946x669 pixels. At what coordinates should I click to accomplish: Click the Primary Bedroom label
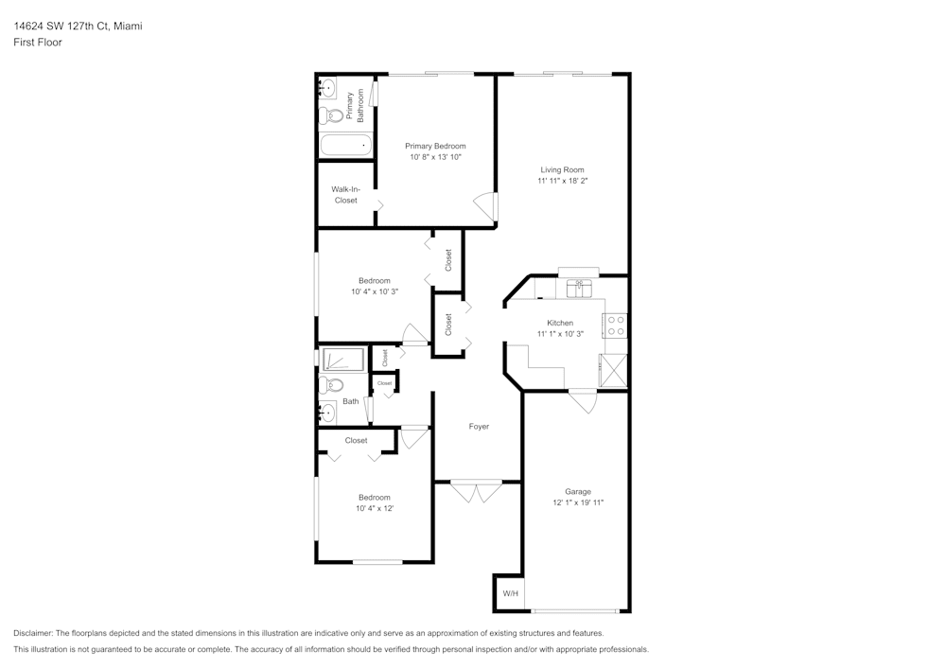tap(435, 146)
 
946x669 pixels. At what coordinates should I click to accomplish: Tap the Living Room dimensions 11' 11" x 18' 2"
tap(562, 181)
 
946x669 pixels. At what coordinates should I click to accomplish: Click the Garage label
tap(578, 491)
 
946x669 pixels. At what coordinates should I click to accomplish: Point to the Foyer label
tap(479, 427)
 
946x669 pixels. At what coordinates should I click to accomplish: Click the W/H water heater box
tap(509, 593)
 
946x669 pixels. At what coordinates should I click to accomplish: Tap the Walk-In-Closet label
tap(345, 195)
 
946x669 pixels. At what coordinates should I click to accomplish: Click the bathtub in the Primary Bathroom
tap(345, 146)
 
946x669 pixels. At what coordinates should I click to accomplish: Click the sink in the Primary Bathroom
tap(326, 89)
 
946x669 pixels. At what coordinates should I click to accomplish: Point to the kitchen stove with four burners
tap(616, 326)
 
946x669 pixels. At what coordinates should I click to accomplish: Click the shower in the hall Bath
tap(343, 360)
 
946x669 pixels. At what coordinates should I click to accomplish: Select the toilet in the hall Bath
tap(329, 384)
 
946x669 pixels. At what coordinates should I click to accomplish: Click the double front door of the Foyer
tap(477, 491)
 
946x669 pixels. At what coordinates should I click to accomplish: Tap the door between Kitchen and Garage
tap(583, 399)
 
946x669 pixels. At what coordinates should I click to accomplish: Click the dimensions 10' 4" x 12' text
tap(374, 508)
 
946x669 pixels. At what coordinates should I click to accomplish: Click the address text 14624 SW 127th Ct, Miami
tap(78, 26)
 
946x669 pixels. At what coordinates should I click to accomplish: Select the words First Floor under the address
tap(38, 43)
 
